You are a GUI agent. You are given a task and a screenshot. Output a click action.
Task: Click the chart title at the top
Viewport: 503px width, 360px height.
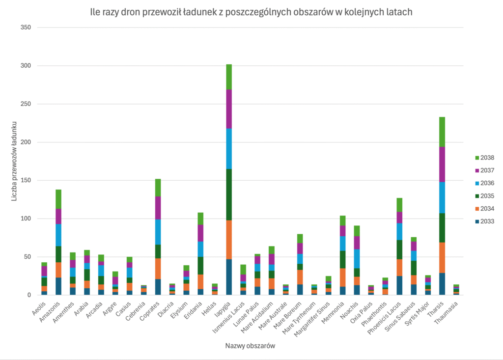pyautogui.click(x=251, y=12)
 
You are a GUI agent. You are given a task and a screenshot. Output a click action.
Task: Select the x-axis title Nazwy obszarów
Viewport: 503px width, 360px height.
pyautogui.click(x=250, y=346)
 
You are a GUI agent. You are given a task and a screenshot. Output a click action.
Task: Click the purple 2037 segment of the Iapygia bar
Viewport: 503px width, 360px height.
pyautogui.click(x=229, y=109)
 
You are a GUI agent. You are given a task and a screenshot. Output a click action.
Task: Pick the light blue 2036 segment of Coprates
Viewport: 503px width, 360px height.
pyautogui.click(x=158, y=232)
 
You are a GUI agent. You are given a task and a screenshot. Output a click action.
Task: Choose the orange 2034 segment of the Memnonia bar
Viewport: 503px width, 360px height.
pyautogui.click(x=343, y=277)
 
